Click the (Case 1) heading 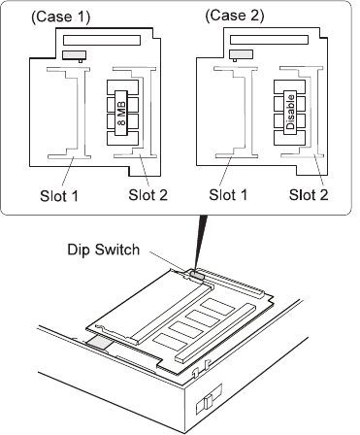tap(60, 17)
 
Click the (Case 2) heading tap(235, 16)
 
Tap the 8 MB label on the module tap(122, 113)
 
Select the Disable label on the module tap(290, 112)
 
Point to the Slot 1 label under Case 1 tap(59, 196)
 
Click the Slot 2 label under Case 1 tap(147, 195)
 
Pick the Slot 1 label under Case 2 tap(228, 195)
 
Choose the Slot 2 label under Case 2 tap(309, 195)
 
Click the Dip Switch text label tap(104, 250)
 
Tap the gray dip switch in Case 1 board tap(75, 55)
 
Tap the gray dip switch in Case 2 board tap(241, 54)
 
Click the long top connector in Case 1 tap(102, 40)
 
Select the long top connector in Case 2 tap(269, 40)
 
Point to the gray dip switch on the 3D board tap(197, 275)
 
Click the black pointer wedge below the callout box tap(201, 241)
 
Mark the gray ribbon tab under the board tap(99, 343)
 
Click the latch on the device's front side tap(209, 401)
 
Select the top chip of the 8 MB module tap(123, 87)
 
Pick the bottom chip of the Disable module tap(289, 138)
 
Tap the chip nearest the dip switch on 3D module tap(217, 307)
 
